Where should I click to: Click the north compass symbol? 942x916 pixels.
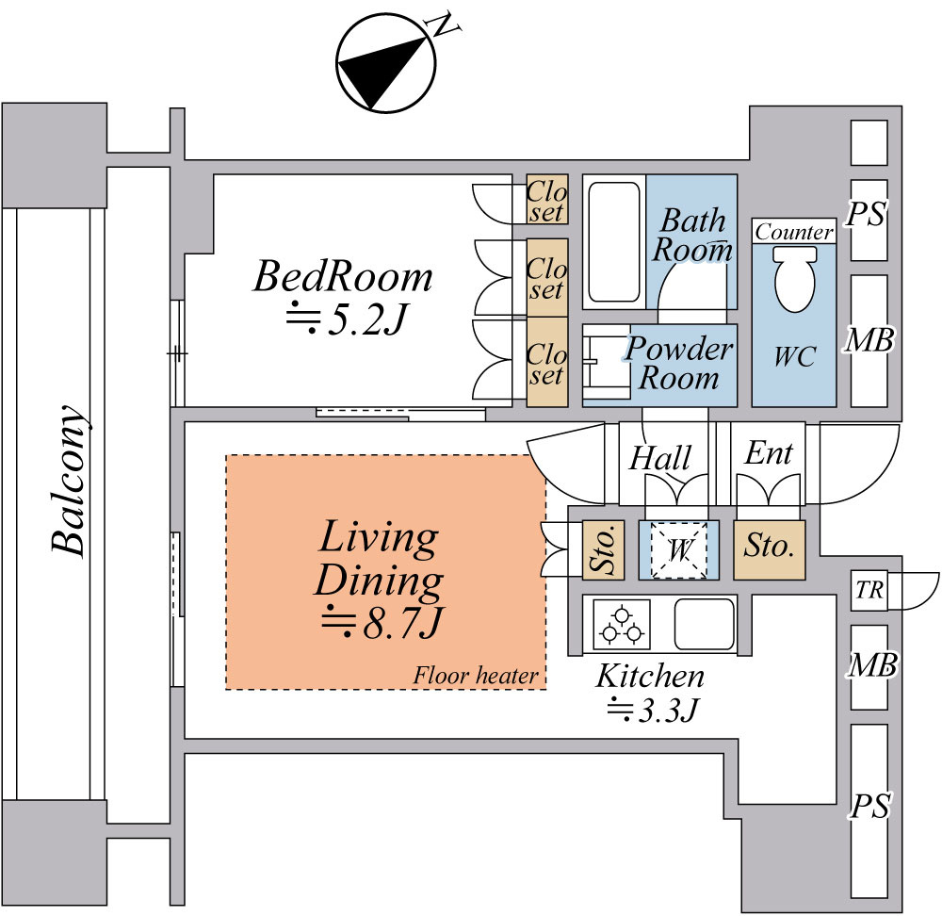pyautogui.click(x=385, y=63)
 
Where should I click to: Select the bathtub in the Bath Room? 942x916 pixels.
pyautogui.click(x=614, y=241)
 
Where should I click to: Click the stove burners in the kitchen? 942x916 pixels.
pyautogui.click(x=622, y=625)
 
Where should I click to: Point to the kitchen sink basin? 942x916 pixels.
pyautogui.click(x=705, y=625)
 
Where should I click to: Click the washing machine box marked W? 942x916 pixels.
pyautogui.click(x=679, y=550)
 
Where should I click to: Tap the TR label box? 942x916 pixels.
pyautogui.click(x=869, y=591)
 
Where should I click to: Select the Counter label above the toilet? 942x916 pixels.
pyautogui.click(x=794, y=232)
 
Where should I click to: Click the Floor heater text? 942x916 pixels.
pyautogui.click(x=475, y=676)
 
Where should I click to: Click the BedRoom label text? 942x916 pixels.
pyautogui.click(x=343, y=276)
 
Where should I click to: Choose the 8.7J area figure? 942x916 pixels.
pyautogui.click(x=382, y=623)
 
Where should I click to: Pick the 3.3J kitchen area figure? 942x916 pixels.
pyautogui.click(x=653, y=711)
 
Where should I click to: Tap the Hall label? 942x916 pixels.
pyautogui.click(x=660, y=458)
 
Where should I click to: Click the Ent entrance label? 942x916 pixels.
pyautogui.click(x=769, y=453)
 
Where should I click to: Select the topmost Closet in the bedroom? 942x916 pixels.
pyautogui.click(x=547, y=200)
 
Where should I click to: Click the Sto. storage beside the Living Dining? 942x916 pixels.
pyautogui.click(x=603, y=550)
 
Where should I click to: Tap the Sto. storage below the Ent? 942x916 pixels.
pyautogui.click(x=769, y=550)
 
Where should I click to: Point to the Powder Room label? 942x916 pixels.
pyautogui.click(x=679, y=363)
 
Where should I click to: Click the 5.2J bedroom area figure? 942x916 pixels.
pyautogui.click(x=348, y=319)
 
